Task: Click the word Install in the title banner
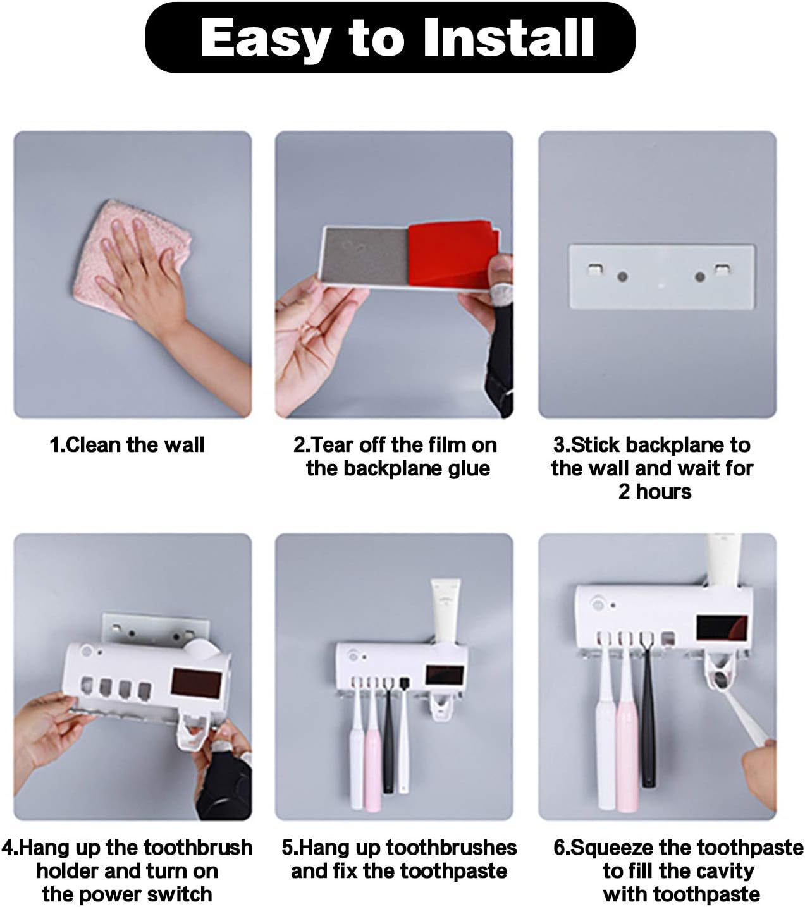[508, 37]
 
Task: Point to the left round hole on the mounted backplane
[622, 276]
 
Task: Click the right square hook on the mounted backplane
[722, 270]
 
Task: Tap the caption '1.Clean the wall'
[127, 445]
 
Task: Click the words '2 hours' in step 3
[654, 492]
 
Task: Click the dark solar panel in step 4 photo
[197, 683]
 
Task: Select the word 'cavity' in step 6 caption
[723, 871]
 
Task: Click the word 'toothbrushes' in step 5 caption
[451, 848]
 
